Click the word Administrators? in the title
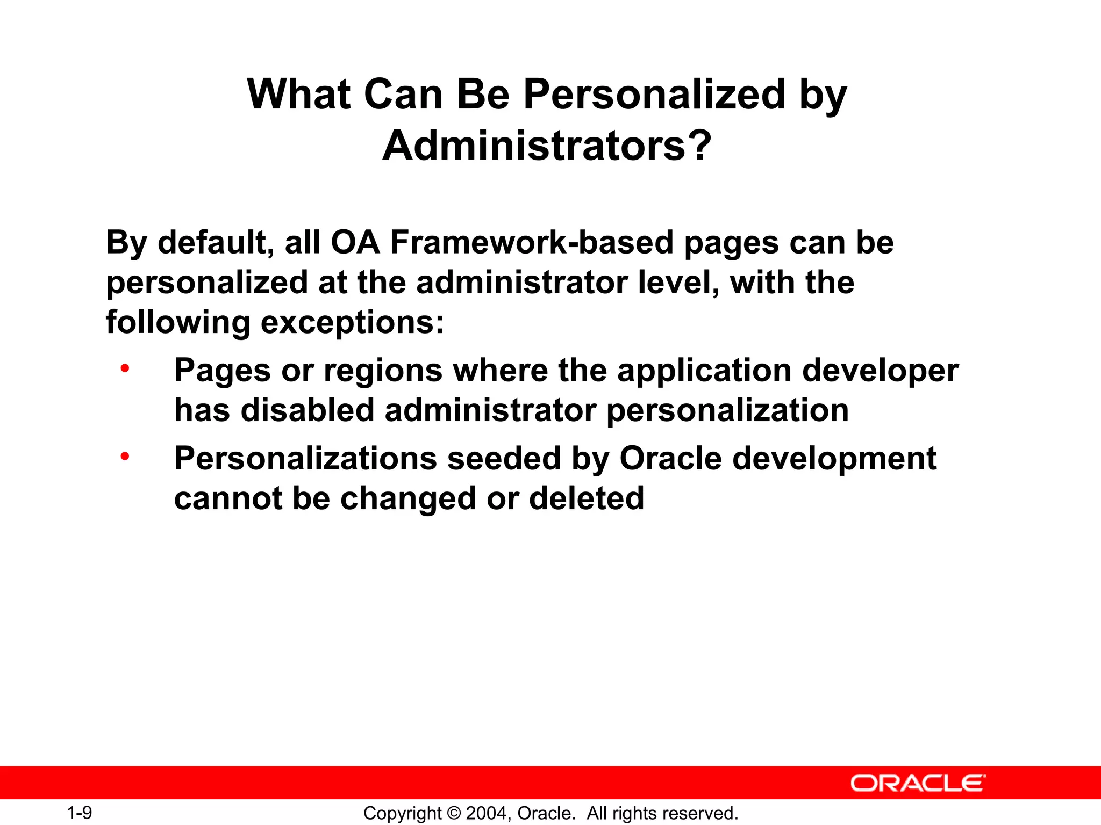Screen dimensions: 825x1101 pos(547,146)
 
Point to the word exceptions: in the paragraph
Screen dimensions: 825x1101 pos(353,322)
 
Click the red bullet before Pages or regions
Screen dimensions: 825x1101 pos(125,368)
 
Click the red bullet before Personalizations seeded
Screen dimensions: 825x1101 pos(125,457)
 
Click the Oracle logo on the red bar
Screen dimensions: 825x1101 pos(918,783)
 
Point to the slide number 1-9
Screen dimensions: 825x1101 pos(80,813)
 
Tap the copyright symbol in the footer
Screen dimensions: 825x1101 pos(454,813)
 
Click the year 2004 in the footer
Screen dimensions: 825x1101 pos(487,813)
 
